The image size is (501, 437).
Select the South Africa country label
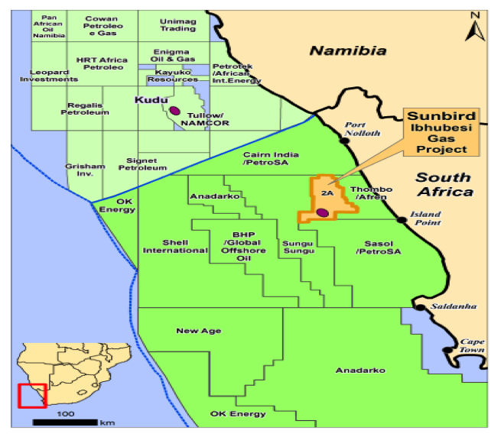pyautogui.click(x=443, y=184)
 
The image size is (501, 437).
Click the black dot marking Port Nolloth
pyautogui.click(x=344, y=141)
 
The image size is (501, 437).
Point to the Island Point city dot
pyautogui.click(x=401, y=220)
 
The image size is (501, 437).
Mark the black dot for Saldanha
pyautogui.click(x=419, y=307)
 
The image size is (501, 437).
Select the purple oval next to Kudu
pyautogui.click(x=175, y=111)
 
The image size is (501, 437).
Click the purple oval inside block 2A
pyautogui.click(x=323, y=212)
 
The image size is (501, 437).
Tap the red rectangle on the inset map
pyautogui.click(x=32, y=396)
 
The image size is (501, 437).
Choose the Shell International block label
pyautogui.click(x=164, y=246)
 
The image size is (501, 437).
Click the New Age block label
pyautogui.click(x=198, y=331)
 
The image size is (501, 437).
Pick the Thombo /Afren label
pyautogui.click(x=371, y=193)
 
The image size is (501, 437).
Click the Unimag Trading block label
pyautogui.click(x=177, y=24)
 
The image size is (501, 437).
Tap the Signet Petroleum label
pyautogui.click(x=145, y=163)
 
